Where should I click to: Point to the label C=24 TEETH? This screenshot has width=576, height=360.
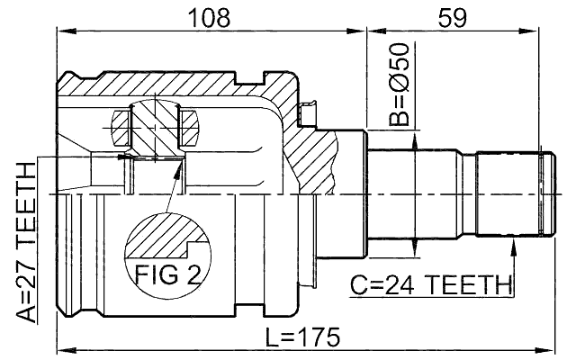430,286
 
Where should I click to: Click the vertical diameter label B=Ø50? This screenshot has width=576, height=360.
399,94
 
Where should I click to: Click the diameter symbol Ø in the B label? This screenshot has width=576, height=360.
399,83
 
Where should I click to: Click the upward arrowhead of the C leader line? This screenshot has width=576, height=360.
514,245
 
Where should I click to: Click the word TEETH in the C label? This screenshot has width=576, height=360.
461,286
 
